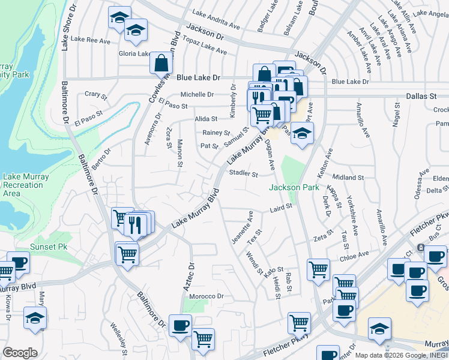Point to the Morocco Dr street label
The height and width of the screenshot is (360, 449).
(x=206, y=296)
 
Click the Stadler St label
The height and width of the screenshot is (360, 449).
(x=243, y=175)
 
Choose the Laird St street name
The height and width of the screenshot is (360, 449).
(x=280, y=208)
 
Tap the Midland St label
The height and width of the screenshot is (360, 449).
(x=348, y=178)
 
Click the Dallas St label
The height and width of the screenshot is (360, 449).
(x=421, y=96)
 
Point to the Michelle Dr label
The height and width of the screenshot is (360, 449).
(x=197, y=94)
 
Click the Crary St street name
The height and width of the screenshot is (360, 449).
(x=95, y=94)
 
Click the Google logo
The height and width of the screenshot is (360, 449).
(x=20, y=353)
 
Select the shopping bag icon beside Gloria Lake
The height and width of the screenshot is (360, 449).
(x=161, y=62)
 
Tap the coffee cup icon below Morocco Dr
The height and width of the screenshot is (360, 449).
(x=180, y=326)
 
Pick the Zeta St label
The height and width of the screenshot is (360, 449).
(x=323, y=236)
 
